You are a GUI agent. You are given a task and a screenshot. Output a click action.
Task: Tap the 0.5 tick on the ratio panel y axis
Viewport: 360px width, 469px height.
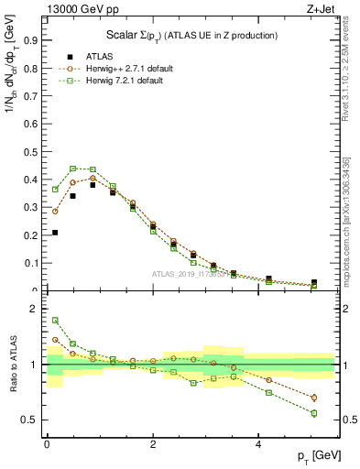(28, 420)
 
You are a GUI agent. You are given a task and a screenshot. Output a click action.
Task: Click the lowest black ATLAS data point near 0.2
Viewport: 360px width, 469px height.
(55, 233)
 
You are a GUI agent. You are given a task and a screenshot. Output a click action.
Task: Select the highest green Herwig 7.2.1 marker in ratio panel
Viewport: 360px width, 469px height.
(55, 321)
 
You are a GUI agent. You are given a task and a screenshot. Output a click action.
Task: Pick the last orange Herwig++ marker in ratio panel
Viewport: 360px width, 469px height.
(313, 398)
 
